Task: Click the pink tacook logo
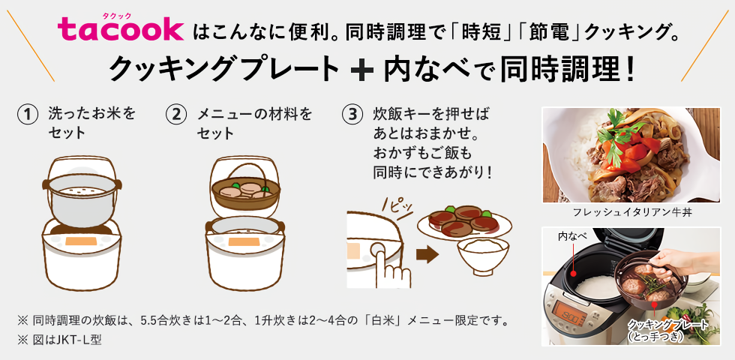coord(121,29)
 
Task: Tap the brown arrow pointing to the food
coord(427,254)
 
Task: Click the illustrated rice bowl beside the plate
coord(483,256)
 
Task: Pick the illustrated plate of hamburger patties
coord(464,222)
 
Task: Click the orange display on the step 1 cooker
coord(81,241)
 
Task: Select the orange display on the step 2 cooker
coord(244,241)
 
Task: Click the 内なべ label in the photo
coord(571,235)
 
